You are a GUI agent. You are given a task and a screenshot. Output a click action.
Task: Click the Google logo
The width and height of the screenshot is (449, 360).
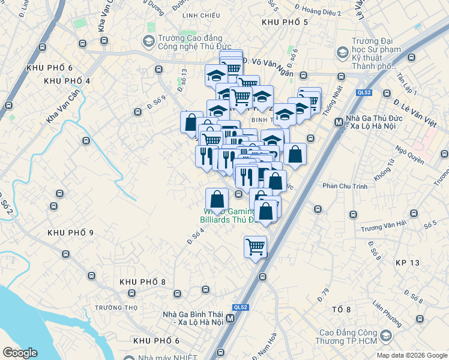coord(20,353)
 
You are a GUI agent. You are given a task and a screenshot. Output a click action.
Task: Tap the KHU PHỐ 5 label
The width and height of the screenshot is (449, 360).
coord(285,22)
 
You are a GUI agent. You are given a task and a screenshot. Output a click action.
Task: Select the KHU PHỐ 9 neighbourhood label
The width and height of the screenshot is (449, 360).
coord(70,233)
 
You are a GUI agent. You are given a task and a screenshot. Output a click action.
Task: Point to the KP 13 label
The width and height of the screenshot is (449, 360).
coord(408,263)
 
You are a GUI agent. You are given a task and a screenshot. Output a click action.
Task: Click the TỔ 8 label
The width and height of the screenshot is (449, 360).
coord(340,309)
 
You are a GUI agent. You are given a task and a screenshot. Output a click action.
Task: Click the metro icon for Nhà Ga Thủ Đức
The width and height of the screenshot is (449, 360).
coord(339,122)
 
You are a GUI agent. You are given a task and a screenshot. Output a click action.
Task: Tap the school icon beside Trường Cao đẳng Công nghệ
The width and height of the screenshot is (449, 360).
coord(148,42)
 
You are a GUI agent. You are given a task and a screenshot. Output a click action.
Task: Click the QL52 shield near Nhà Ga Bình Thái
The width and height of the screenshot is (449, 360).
coord(241,307)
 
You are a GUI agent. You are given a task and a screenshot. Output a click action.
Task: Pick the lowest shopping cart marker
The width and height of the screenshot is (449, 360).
coord(256,246)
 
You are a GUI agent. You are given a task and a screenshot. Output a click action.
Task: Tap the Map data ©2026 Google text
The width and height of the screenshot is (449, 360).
coord(411,355)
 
